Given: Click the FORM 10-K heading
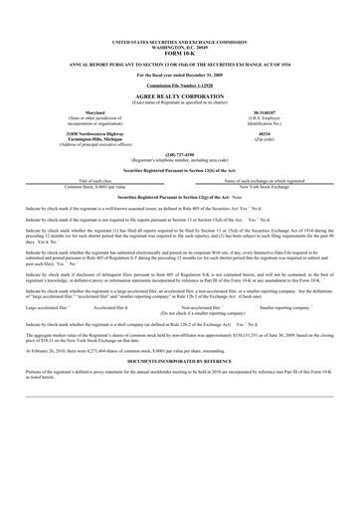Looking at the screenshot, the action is click(180, 54).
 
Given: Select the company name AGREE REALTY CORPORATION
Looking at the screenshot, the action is click(180, 96).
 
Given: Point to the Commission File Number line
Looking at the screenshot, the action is click(180, 86).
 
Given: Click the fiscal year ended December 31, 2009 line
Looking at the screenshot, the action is click(180, 76).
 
